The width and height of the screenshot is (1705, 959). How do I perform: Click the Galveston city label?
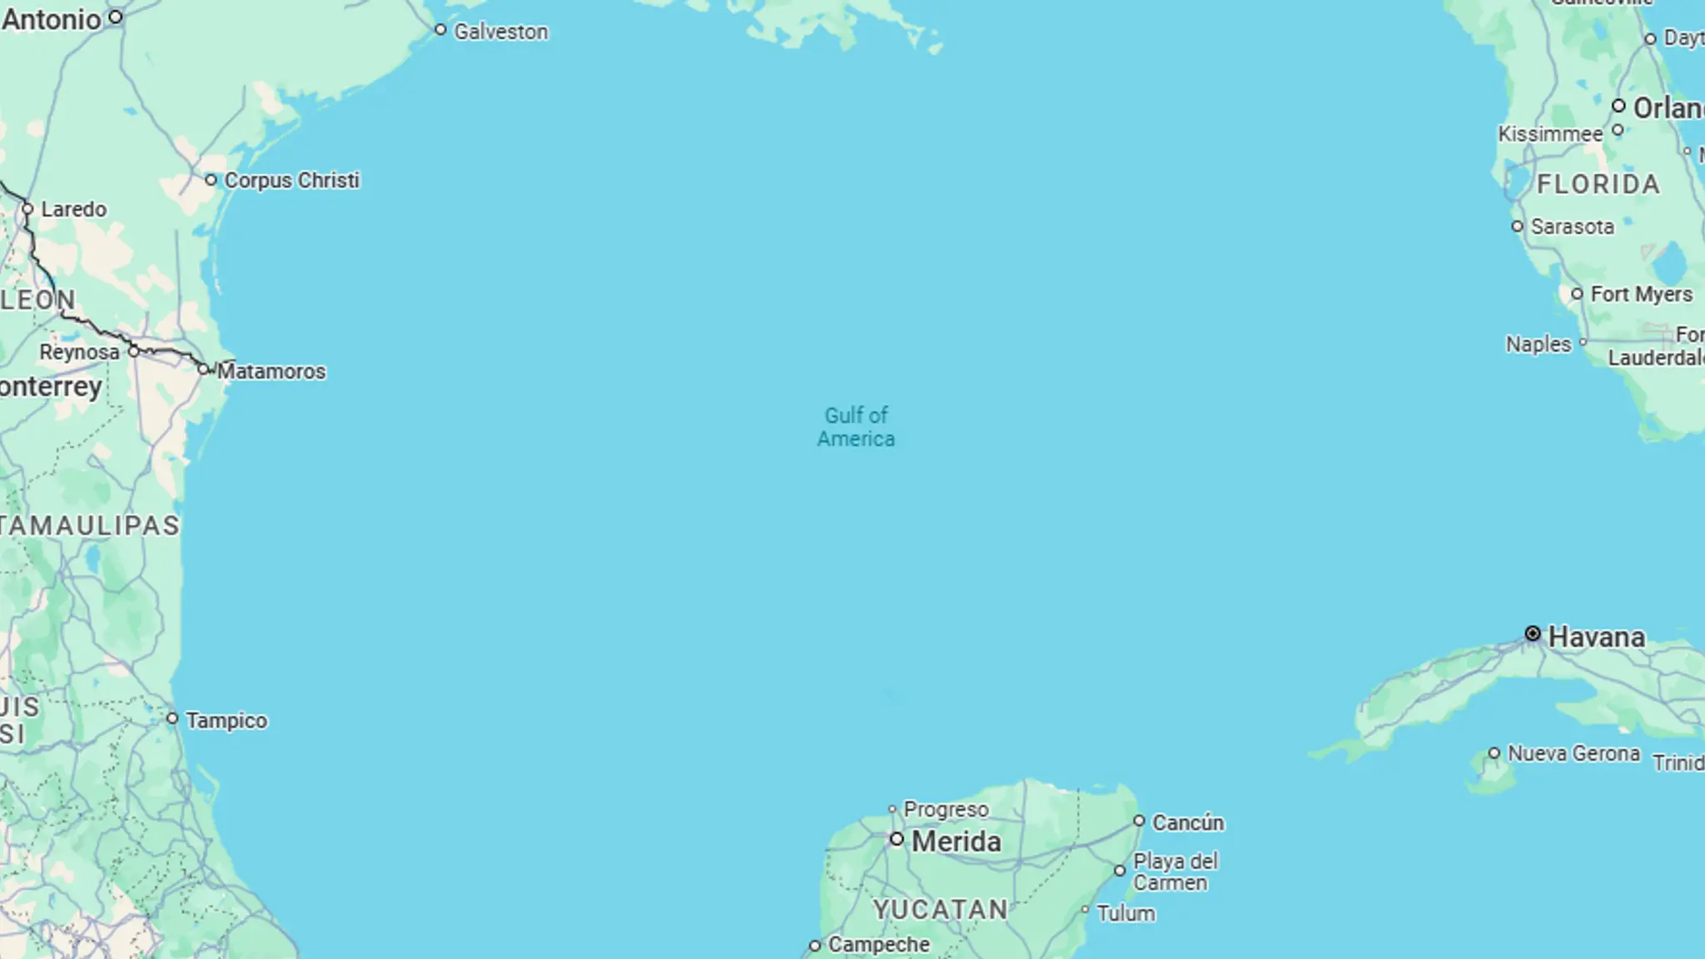coord(500,32)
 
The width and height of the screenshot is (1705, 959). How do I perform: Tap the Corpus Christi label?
coord(291,180)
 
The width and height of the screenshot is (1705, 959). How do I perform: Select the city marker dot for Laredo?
coord(27,208)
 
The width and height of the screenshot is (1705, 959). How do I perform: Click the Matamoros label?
coord(271,371)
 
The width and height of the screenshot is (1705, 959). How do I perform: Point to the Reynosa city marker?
coord(133,351)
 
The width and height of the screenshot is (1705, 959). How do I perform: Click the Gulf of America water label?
coord(856,427)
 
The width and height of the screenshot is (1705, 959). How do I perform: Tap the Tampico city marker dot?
coord(172,718)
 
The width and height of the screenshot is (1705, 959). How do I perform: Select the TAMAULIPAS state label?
coord(90,525)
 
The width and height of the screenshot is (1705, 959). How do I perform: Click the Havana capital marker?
coord(1533,634)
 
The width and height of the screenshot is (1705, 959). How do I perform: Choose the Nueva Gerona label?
coord(1573,753)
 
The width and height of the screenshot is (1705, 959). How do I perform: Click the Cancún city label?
coord(1187,822)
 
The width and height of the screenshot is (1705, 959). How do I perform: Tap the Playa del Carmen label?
coord(1175,872)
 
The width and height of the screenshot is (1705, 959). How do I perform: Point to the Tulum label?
coord(1126,913)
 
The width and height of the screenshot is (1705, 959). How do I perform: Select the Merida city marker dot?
coord(897,839)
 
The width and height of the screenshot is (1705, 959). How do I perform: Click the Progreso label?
coord(946,809)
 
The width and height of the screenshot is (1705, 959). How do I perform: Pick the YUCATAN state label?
coord(941,909)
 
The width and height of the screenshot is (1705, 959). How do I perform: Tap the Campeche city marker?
coord(815,946)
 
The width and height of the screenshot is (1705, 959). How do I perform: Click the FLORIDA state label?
coord(1598,184)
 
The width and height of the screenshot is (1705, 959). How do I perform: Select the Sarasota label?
coord(1572,226)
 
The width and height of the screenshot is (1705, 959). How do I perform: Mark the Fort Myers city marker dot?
coord(1577,294)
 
